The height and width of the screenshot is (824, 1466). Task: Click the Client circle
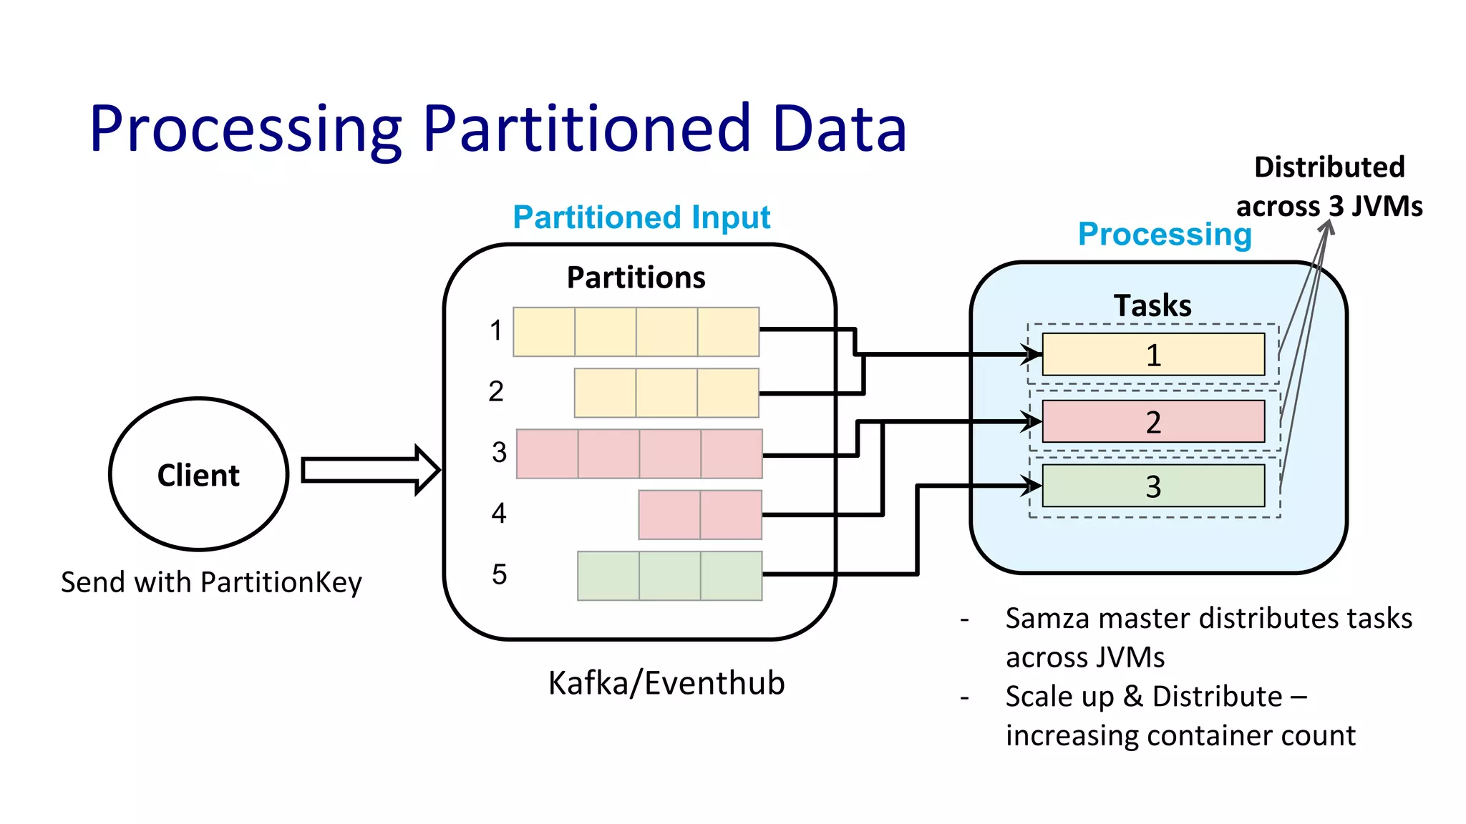(x=198, y=474)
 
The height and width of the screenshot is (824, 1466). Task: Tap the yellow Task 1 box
(x=1152, y=354)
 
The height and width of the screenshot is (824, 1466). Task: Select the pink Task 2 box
(x=1152, y=421)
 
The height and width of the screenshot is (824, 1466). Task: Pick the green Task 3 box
(x=1152, y=486)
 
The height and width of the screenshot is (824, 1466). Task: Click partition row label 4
(x=499, y=514)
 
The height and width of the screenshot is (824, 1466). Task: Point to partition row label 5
(x=499, y=574)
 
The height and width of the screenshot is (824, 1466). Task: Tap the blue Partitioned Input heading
(x=641, y=217)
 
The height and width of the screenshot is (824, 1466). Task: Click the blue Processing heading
(x=1164, y=234)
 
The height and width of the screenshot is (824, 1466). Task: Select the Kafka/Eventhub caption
(x=666, y=683)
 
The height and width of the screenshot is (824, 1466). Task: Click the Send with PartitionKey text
(x=211, y=582)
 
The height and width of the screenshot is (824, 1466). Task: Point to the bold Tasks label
(x=1152, y=305)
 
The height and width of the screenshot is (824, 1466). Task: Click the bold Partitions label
(x=636, y=278)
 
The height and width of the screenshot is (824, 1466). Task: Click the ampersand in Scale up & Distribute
(x=1133, y=697)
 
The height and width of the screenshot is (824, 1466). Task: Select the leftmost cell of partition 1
(x=544, y=332)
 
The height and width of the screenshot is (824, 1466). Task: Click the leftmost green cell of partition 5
(x=608, y=576)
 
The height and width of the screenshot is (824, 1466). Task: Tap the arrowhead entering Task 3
(x=1031, y=486)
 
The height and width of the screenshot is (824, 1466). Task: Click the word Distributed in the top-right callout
(x=1329, y=167)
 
